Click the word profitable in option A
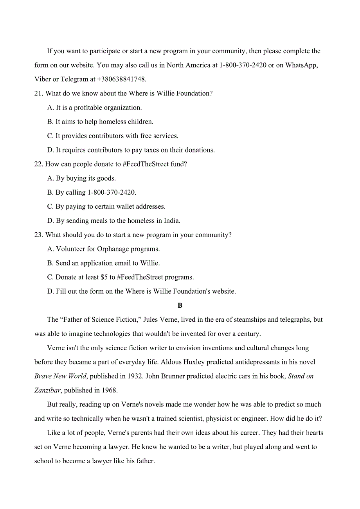(88, 108)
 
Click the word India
(171, 221)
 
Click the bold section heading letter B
(180, 306)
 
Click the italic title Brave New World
(60, 376)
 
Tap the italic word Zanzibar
(47, 390)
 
